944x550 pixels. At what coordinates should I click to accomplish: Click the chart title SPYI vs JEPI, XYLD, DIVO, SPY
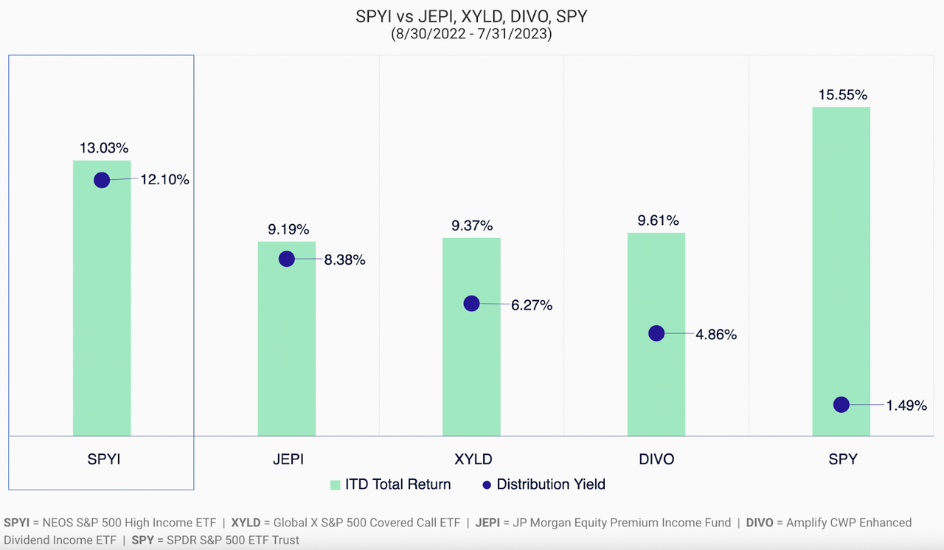[471, 17]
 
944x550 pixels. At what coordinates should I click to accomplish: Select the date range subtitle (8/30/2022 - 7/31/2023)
[471, 35]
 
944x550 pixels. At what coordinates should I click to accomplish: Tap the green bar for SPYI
[102, 310]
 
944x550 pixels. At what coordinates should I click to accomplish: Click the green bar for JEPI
[286, 347]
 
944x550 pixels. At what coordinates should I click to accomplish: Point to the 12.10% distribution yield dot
[102, 180]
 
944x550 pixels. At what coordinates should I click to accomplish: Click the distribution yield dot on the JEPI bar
[287, 259]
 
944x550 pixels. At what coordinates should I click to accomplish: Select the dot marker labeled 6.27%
[471, 304]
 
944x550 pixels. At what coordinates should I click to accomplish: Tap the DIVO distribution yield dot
[656, 333]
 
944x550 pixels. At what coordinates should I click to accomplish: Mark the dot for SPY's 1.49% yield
[841, 404]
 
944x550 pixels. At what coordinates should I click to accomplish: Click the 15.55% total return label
[841, 95]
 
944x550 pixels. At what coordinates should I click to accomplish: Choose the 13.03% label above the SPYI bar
[103, 148]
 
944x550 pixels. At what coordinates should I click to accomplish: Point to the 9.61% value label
[656, 220]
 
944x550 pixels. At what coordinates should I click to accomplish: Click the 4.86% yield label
[715, 335]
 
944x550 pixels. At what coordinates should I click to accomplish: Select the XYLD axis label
[472, 459]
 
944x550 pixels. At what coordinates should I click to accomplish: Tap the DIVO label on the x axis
[656, 459]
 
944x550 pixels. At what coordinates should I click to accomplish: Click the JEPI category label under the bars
[287, 459]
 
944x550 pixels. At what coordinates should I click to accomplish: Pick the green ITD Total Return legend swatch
[335, 484]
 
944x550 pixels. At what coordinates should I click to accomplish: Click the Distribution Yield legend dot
[485, 484]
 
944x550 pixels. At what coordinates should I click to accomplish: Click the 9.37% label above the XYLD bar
[472, 226]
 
